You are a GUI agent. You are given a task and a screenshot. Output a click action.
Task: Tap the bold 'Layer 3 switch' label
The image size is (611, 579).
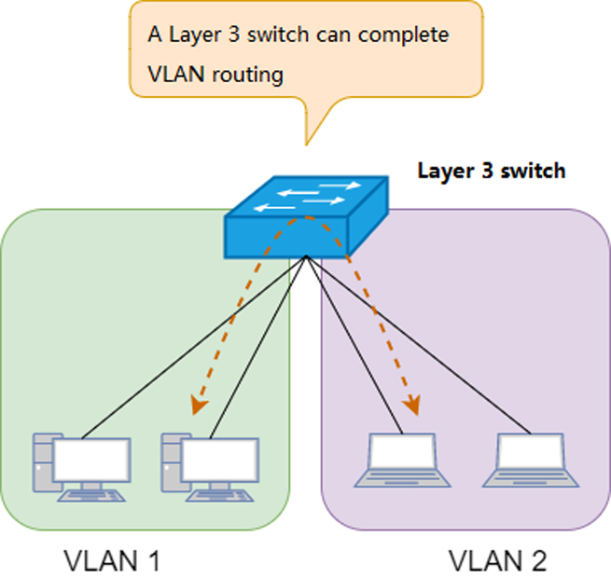[x=491, y=172]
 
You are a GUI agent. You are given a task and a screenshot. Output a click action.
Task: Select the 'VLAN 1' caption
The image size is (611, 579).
[x=112, y=561]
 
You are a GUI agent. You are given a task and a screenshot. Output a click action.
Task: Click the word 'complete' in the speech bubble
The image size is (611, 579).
[x=406, y=34]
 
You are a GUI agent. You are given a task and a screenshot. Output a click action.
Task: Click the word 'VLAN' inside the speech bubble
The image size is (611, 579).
[x=174, y=74]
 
